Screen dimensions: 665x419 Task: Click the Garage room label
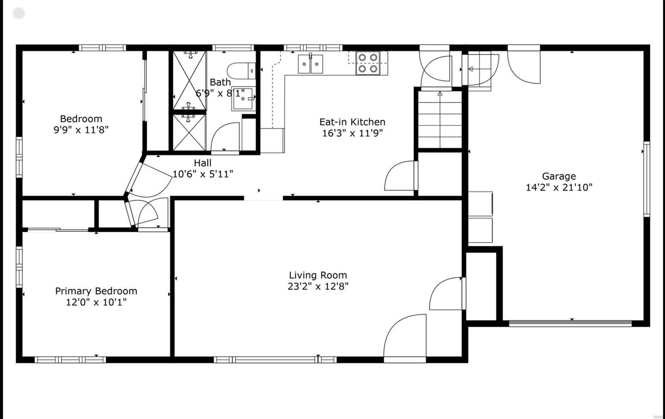pyautogui.click(x=559, y=176)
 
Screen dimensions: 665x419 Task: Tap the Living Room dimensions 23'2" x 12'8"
pyautogui.click(x=318, y=286)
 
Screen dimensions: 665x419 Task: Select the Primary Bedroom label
pyautogui.click(x=96, y=291)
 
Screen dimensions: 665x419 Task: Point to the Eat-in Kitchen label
pyautogui.click(x=352, y=122)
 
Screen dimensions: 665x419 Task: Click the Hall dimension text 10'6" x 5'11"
pyautogui.click(x=203, y=174)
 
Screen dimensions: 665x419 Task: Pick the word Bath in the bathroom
pyautogui.click(x=220, y=82)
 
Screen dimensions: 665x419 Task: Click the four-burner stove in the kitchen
pyautogui.click(x=368, y=63)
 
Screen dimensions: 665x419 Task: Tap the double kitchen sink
pyautogui.click(x=310, y=64)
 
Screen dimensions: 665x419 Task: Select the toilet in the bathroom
pyautogui.click(x=241, y=71)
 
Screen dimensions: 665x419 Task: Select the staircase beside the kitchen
pyautogui.click(x=440, y=119)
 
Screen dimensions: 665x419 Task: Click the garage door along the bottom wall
pyautogui.click(x=570, y=323)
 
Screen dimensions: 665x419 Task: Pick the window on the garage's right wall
pyautogui.click(x=647, y=179)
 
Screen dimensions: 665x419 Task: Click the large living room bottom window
pyautogui.click(x=275, y=360)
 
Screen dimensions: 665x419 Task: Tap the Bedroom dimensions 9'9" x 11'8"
pyautogui.click(x=81, y=130)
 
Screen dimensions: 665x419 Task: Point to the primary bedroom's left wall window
pyautogui.click(x=19, y=267)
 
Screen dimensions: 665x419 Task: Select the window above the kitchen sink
pyautogui.click(x=313, y=47)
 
